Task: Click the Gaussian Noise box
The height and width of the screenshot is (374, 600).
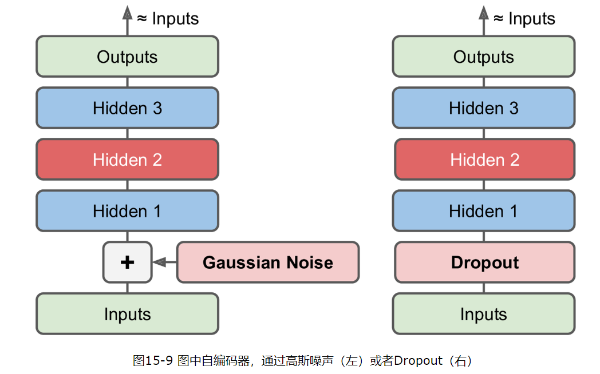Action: tap(267, 262)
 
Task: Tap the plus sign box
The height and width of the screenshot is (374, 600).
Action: tap(127, 262)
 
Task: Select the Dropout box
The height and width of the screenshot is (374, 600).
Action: tap(484, 262)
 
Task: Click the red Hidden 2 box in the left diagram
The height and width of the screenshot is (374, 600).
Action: tap(127, 160)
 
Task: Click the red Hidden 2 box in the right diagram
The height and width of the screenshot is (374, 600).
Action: tap(484, 160)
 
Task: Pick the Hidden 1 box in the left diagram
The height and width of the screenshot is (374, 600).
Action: tap(127, 211)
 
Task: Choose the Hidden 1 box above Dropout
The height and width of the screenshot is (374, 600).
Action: tap(484, 211)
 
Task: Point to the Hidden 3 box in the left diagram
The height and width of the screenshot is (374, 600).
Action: tap(127, 108)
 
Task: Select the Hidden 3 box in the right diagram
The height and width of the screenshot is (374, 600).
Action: tap(484, 108)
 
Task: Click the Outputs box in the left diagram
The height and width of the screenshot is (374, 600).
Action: tap(127, 57)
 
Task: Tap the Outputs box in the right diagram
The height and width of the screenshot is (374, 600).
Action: tap(484, 57)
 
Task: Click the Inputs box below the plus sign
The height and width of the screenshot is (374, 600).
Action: tap(127, 314)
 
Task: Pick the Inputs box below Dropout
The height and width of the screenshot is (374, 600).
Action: tap(484, 314)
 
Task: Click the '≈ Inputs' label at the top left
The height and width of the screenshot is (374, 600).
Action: tap(168, 18)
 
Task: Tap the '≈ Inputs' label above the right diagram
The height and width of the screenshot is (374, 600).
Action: tap(524, 18)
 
